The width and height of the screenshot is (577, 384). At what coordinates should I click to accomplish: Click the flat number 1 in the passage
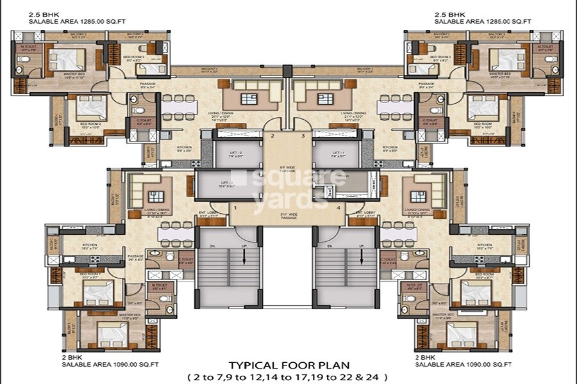[235, 208]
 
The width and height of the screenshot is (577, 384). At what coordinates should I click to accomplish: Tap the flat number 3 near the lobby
[303, 136]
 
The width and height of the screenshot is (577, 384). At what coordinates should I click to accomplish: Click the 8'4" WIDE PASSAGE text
[287, 171]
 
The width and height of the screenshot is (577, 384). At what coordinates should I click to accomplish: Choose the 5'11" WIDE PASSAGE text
[288, 216]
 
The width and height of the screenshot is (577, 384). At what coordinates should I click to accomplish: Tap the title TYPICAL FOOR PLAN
[287, 366]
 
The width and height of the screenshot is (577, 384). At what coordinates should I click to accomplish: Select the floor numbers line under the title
[287, 377]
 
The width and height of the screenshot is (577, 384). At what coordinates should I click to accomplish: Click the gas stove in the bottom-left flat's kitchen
[95, 259]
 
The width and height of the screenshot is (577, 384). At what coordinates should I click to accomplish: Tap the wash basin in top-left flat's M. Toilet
[21, 69]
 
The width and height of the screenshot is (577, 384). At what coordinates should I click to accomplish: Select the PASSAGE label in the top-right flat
[426, 84]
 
